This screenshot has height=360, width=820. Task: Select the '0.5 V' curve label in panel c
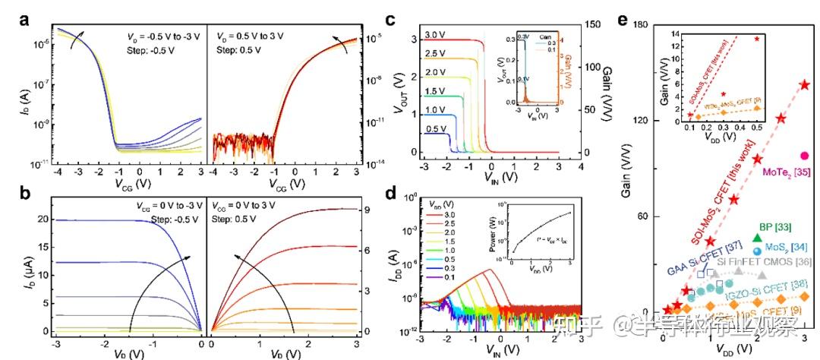coord(435,129)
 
